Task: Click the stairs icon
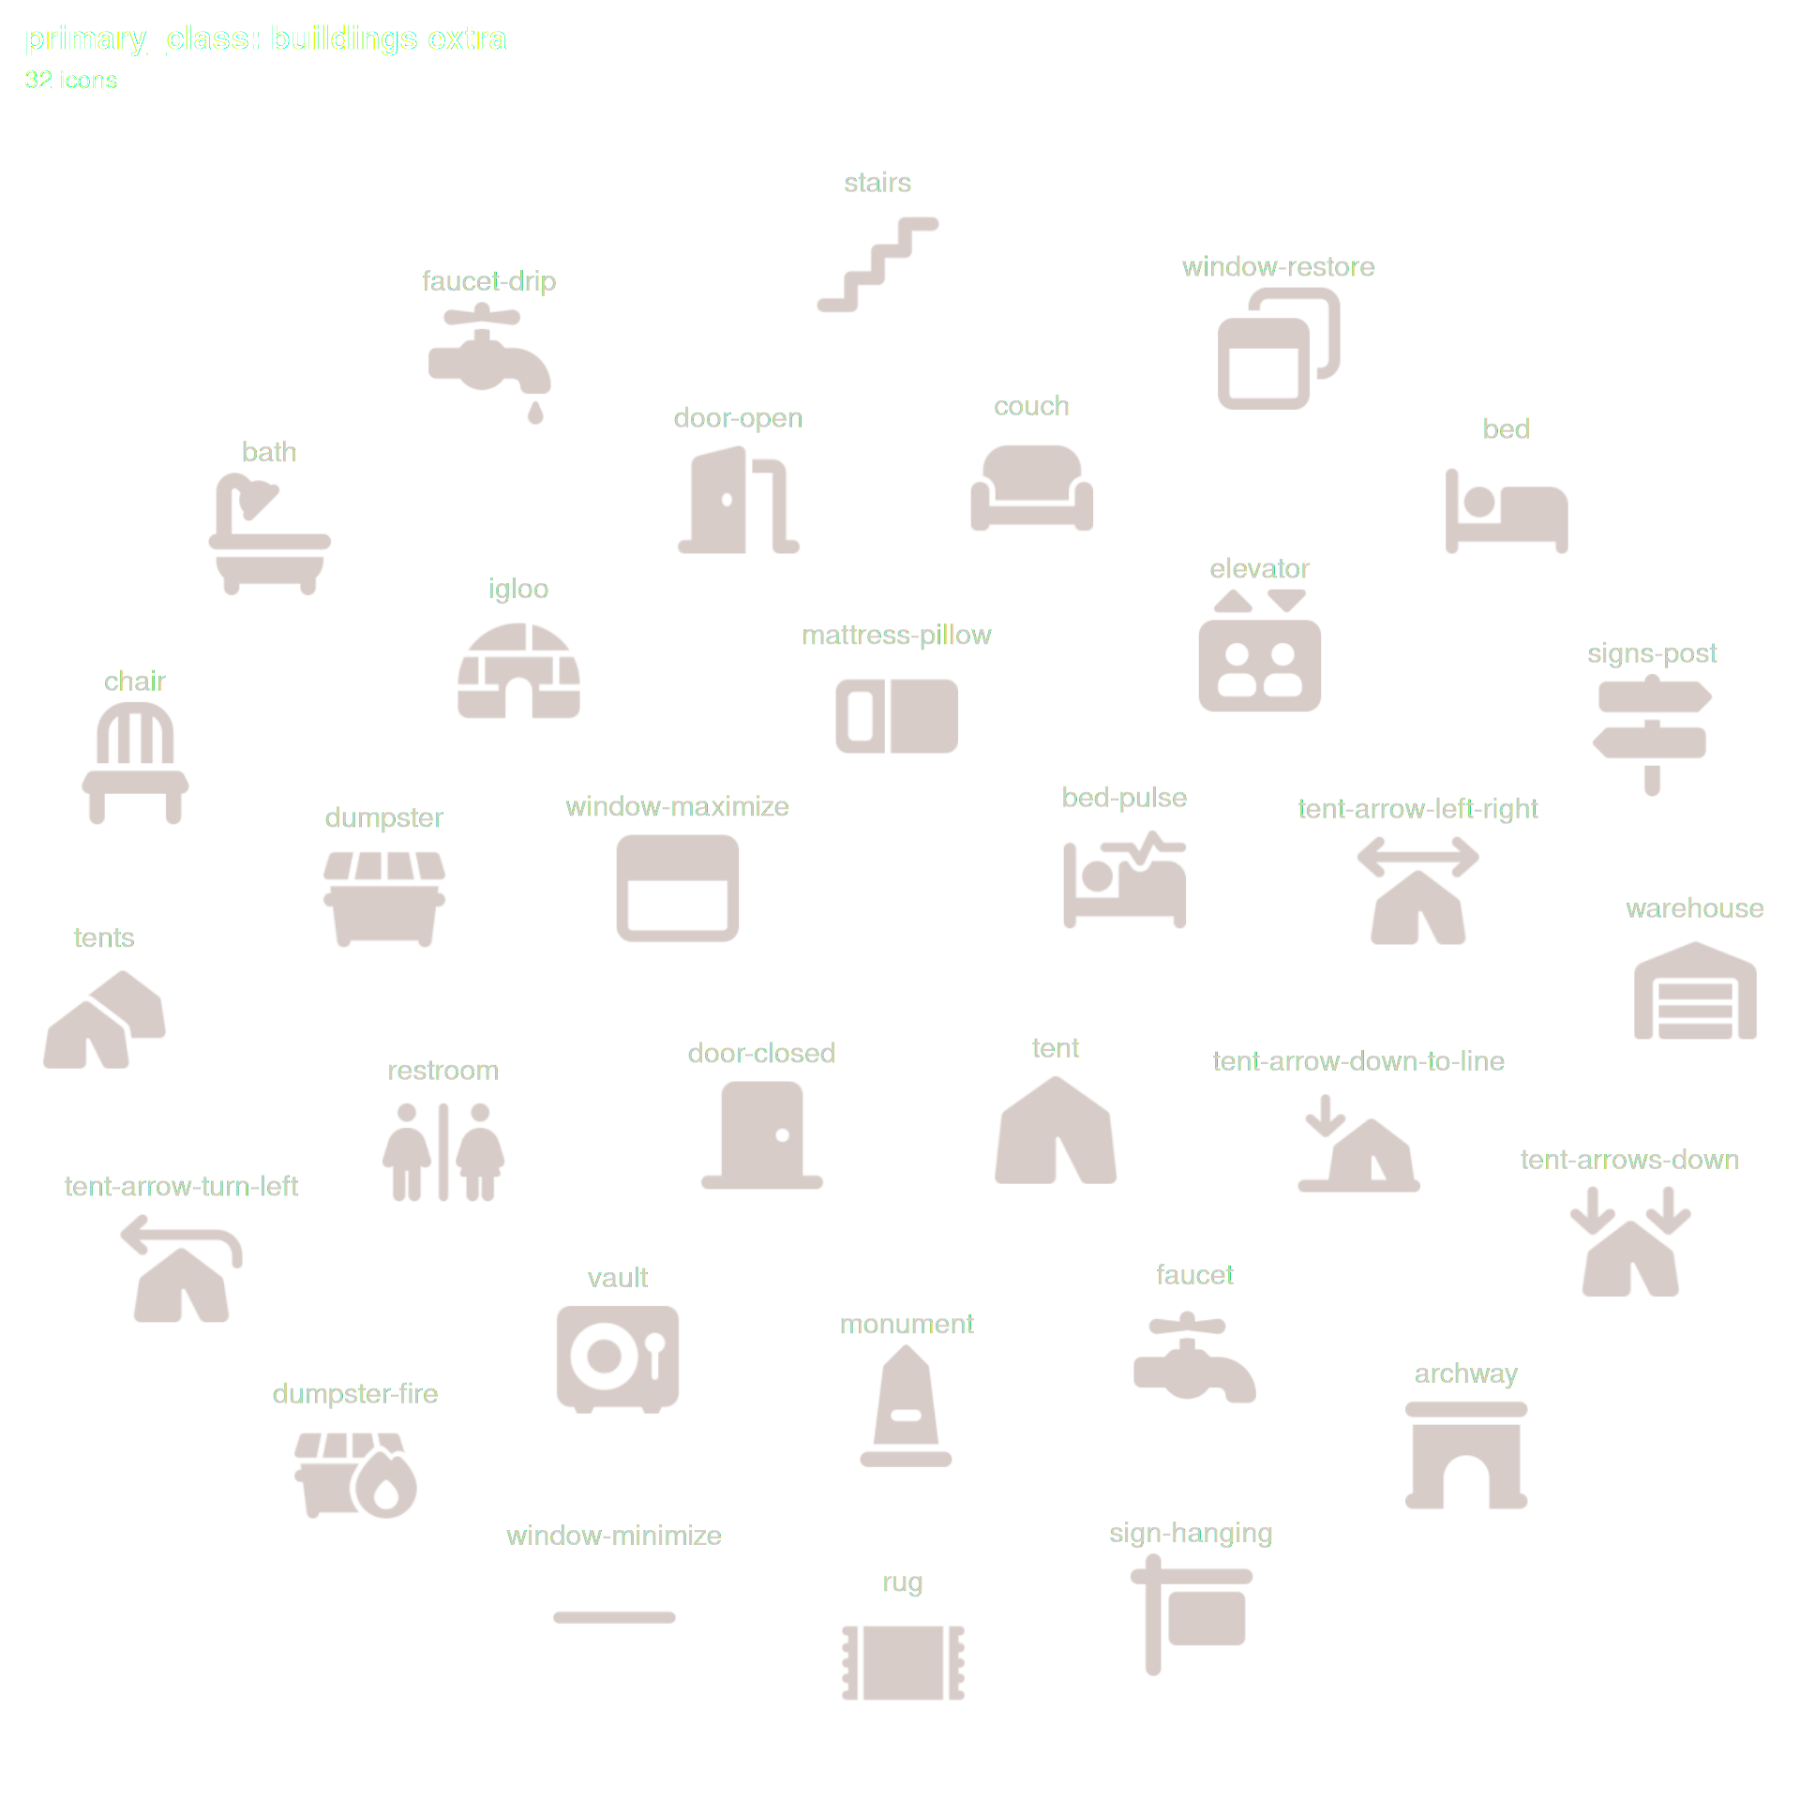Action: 877,264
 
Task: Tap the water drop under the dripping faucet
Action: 535,412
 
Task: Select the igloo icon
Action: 518,671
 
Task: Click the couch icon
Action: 1031,487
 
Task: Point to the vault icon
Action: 617,1357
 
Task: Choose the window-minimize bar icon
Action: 614,1617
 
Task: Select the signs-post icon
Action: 1652,736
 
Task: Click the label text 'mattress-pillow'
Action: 896,636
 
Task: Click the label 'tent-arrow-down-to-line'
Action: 1357,1061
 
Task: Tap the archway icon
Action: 1466,1455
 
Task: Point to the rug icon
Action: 903,1662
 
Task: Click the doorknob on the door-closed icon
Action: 782,1135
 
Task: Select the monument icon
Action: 906,1406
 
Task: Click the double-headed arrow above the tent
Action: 1417,857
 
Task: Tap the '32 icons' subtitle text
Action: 71,81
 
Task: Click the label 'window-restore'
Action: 1278,267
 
